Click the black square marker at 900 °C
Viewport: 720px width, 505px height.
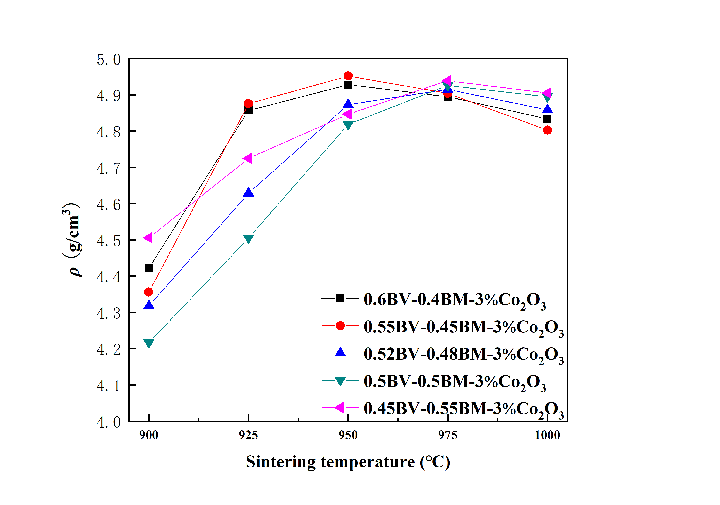(149, 268)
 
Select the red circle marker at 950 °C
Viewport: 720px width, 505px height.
(348, 76)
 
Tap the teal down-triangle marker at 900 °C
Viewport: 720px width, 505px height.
(149, 343)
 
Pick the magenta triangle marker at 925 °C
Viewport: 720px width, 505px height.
(248, 158)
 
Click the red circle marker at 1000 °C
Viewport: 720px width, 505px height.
(547, 130)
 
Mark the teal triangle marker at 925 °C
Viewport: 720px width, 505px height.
(248, 239)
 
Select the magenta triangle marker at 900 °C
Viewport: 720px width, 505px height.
(148, 238)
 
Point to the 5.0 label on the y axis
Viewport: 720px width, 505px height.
(109, 60)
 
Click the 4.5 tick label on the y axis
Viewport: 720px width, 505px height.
(109, 241)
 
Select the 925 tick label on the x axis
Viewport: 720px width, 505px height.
(248, 435)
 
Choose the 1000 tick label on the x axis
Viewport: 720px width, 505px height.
(547, 435)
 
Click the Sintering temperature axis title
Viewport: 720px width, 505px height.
(348, 462)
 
